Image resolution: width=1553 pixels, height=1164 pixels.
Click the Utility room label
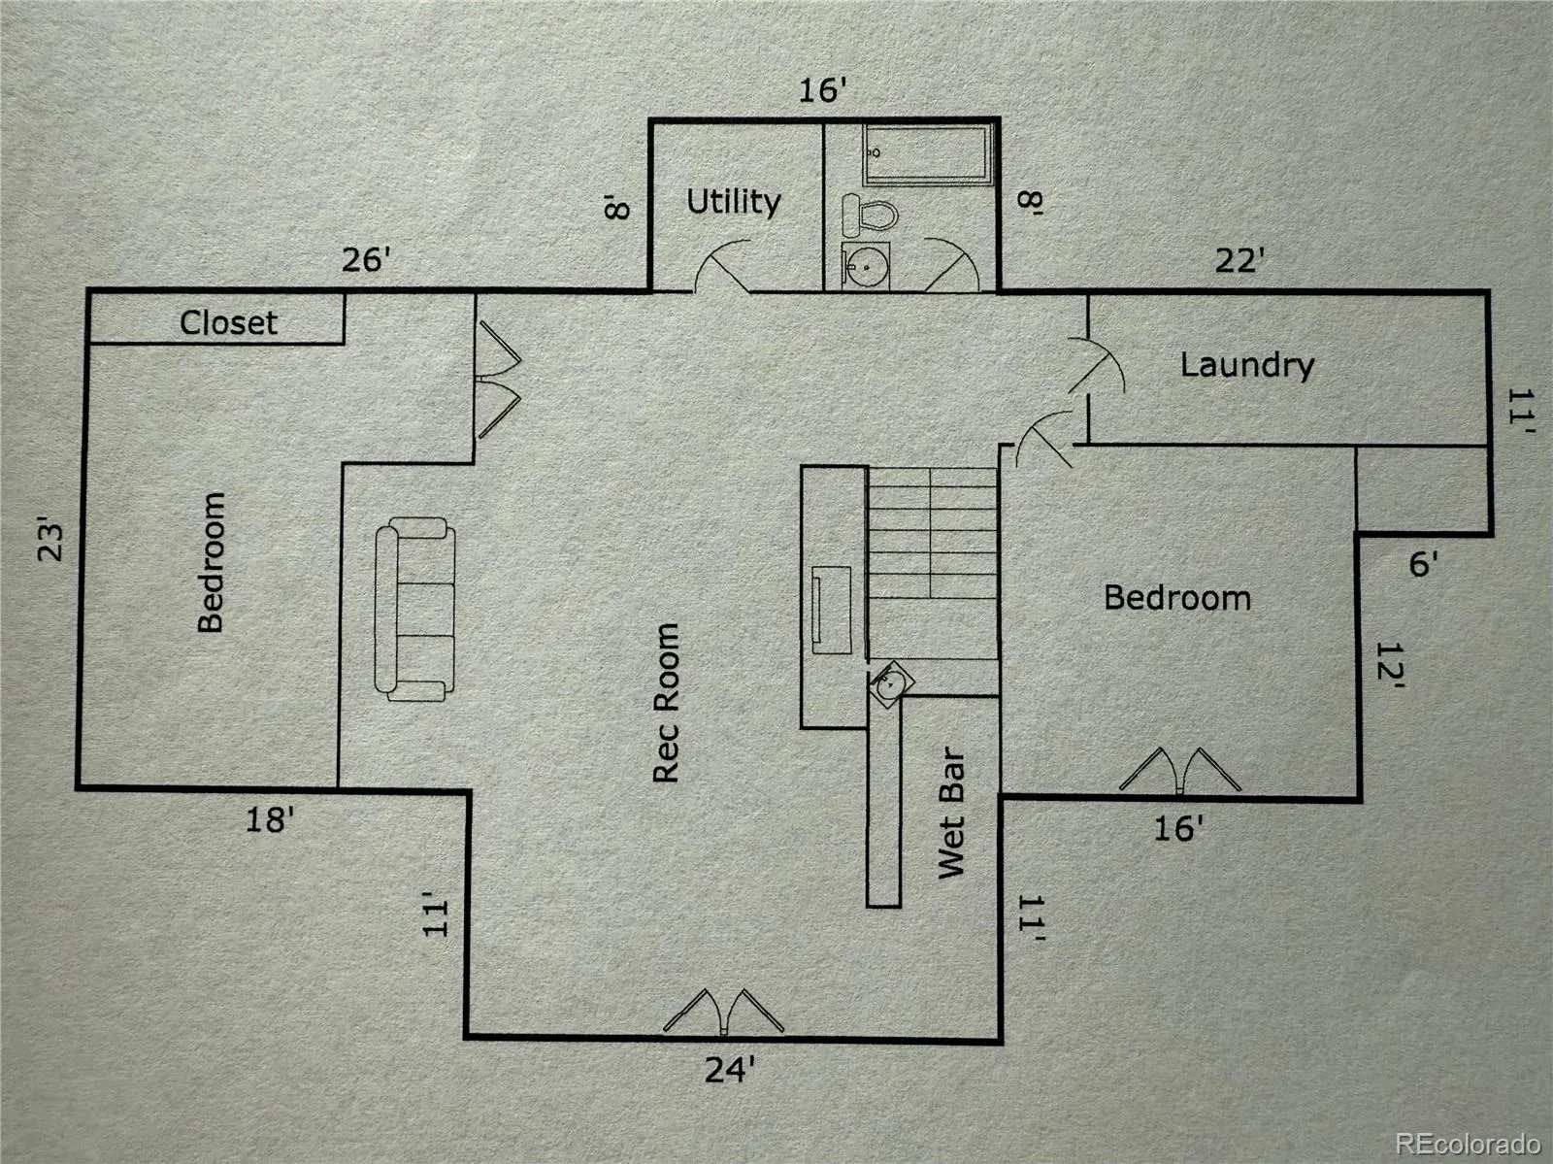click(x=734, y=202)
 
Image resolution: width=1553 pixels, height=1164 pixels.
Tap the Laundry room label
click(x=1247, y=366)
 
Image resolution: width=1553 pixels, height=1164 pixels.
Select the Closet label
click(x=228, y=323)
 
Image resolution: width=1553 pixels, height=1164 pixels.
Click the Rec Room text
click(x=667, y=703)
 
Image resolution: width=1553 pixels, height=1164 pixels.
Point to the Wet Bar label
click(x=951, y=813)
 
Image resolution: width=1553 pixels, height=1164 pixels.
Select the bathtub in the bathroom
click(x=928, y=155)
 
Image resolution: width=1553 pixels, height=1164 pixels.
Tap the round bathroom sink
click(x=865, y=266)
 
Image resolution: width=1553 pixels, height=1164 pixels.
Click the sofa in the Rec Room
click(x=414, y=610)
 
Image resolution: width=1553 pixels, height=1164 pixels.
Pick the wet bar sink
click(x=889, y=684)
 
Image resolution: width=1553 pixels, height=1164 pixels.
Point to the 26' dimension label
click(x=366, y=260)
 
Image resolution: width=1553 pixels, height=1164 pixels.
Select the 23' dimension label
click(x=51, y=543)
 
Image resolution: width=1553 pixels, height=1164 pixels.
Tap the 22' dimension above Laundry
click(x=1239, y=261)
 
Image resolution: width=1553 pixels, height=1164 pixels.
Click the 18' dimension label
click(x=270, y=820)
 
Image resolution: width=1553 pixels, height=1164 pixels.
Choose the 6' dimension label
click(x=1423, y=565)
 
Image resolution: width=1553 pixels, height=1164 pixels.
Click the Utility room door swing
click(x=722, y=266)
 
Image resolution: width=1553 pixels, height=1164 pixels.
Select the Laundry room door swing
click(x=1096, y=366)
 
